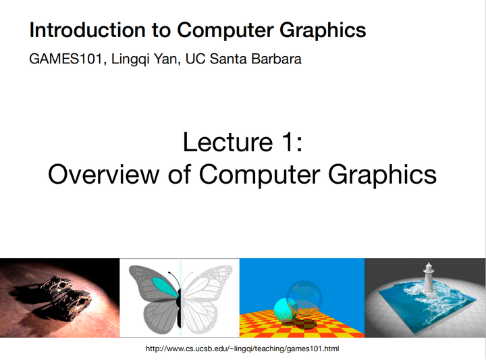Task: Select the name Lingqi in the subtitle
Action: coord(130,59)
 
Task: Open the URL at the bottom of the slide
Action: coord(242,349)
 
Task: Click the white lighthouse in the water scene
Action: coord(427,278)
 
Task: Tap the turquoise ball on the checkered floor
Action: coord(282,309)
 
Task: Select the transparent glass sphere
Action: coord(304,297)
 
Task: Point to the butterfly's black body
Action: coord(180,297)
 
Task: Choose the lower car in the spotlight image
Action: coord(75,300)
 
